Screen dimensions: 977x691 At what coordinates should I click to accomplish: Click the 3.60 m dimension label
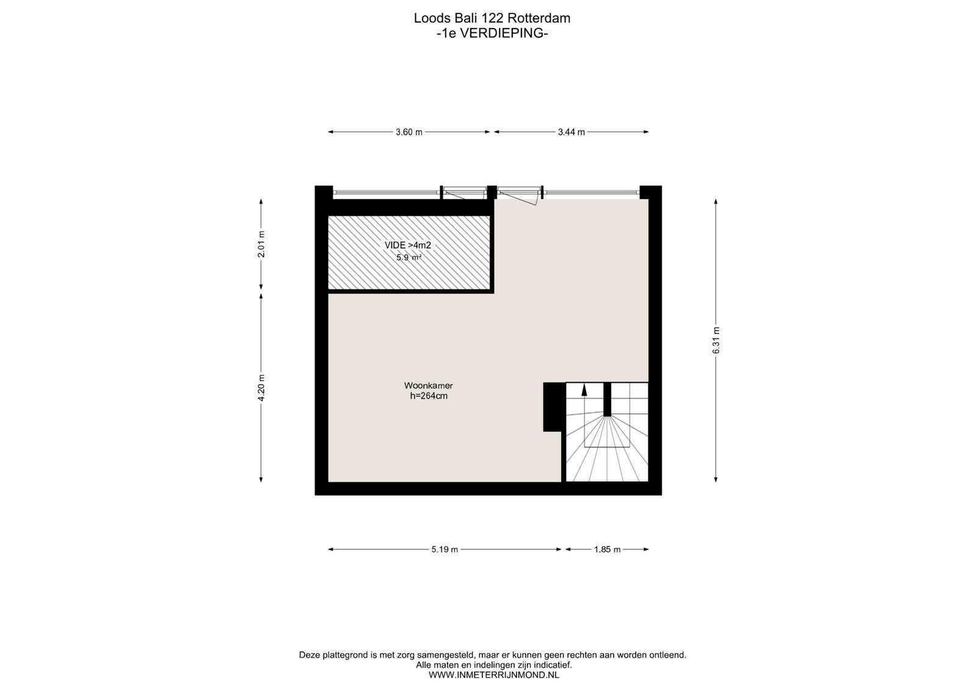[x=409, y=132]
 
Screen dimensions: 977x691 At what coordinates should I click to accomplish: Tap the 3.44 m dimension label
[x=571, y=132]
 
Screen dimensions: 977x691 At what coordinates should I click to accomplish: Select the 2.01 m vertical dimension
[x=261, y=244]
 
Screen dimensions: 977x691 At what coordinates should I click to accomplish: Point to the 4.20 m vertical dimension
[x=261, y=388]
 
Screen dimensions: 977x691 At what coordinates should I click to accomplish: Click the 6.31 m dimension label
[x=716, y=340]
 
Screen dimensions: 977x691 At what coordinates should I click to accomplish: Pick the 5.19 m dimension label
[x=445, y=550]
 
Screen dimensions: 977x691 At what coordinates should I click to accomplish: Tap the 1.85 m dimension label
[x=607, y=550]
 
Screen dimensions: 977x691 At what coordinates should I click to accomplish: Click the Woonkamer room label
[x=428, y=386]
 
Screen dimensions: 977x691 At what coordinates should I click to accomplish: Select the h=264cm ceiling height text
[x=428, y=396]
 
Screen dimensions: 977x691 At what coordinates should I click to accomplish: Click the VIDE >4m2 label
[x=407, y=245]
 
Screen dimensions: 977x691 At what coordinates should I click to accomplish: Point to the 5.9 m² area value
[x=409, y=258]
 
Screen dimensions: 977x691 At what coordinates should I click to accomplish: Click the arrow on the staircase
[x=584, y=389]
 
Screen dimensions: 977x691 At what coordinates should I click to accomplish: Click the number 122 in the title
[x=492, y=18]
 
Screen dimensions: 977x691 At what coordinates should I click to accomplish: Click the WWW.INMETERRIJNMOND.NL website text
[x=494, y=675]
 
